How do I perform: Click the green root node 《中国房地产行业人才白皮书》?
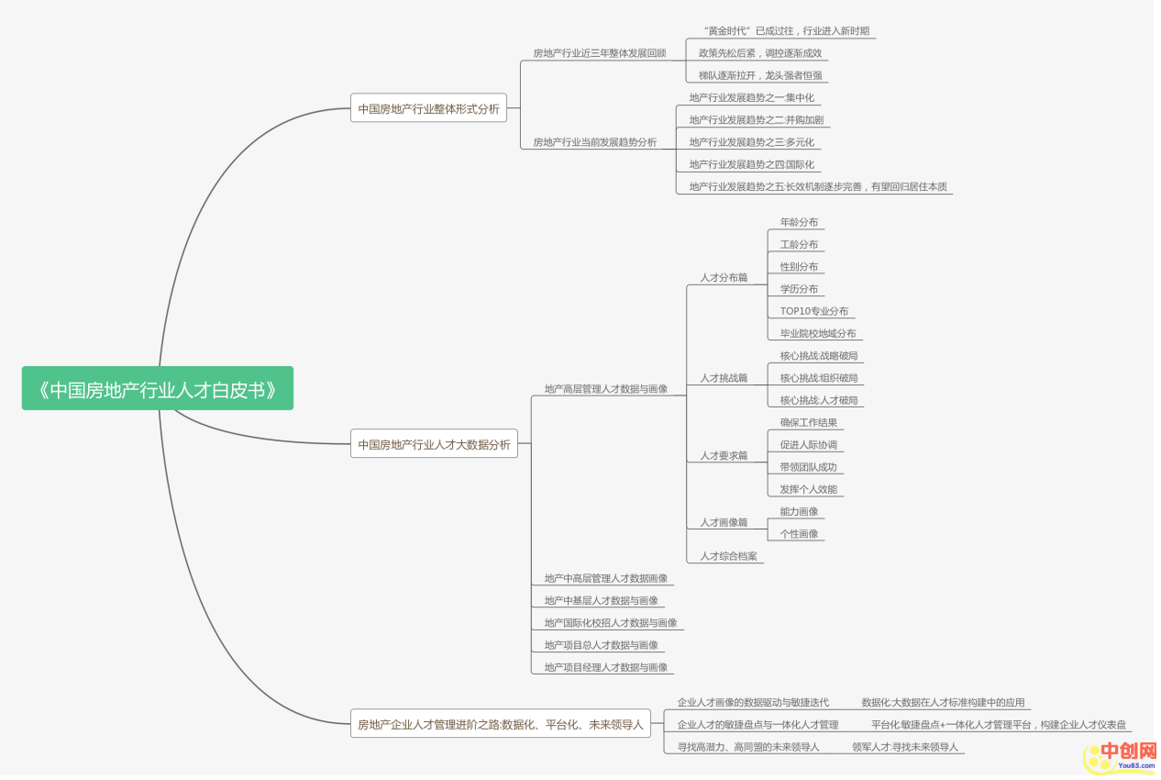tap(158, 389)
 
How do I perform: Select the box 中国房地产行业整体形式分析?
tap(428, 108)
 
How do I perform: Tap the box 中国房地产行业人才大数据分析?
tap(434, 444)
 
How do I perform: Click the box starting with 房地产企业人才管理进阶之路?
tap(500, 724)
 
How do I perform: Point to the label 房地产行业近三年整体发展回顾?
tap(599, 53)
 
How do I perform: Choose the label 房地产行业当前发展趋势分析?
tap(594, 142)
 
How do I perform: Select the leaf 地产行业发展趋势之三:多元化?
tap(751, 142)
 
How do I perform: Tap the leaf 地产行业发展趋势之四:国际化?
tap(751, 164)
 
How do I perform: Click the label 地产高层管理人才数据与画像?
tap(605, 389)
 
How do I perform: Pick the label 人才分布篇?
tap(724, 277)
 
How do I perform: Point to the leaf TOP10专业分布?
tap(813, 311)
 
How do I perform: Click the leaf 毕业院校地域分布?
tap(817, 333)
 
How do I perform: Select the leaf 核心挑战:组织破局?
tap(818, 378)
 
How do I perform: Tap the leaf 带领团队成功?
tap(808, 467)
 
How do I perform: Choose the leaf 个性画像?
tap(799, 534)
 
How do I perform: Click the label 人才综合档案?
tap(728, 556)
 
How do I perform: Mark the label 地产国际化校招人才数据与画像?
tap(610, 623)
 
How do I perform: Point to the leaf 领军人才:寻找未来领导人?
tap(904, 747)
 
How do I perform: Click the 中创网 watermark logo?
tap(1120, 754)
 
